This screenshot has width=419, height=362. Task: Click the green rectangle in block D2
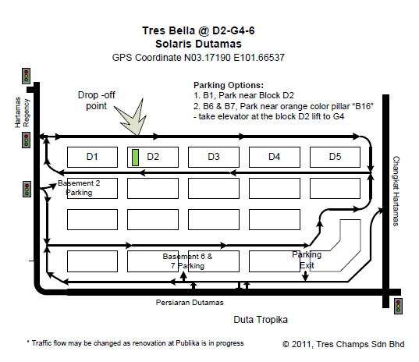pyautogui.click(x=135, y=158)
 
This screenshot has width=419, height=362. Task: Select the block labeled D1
pyautogui.click(x=92, y=157)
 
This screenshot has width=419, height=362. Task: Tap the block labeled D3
pyautogui.click(x=214, y=157)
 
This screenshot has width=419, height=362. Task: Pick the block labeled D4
pyautogui.click(x=275, y=157)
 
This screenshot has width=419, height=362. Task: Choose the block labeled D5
pyautogui.click(x=335, y=157)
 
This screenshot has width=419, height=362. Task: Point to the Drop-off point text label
pyautogui.click(x=97, y=101)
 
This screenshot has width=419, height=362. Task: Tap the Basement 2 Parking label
pyautogui.click(x=79, y=188)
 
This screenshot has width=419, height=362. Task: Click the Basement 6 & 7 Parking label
pyautogui.click(x=187, y=261)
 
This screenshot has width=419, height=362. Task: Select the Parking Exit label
pyautogui.click(x=307, y=260)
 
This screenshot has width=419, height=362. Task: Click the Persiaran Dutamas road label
pyautogui.click(x=190, y=303)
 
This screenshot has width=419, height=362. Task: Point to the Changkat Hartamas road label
pyautogui.click(x=396, y=191)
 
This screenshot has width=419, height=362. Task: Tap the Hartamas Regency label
pyautogui.click(x=22, y=112)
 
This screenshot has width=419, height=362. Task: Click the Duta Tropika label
pyautogui.click(x=261, y=320)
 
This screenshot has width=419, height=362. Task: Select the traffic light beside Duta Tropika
pyautogui.click(x=398, y=306)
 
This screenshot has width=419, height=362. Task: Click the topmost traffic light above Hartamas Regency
pyautogui.click(x=26, y=76)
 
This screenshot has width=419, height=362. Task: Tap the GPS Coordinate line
pyautogui.click(x=198, y=58)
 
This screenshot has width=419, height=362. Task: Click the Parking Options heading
pyautogui.click(x=229, y=85)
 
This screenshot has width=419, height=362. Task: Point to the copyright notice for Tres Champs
pyautogui.click(x=343, y=344)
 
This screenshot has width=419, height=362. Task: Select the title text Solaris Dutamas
pyautogui.click(x=198, y=44)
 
